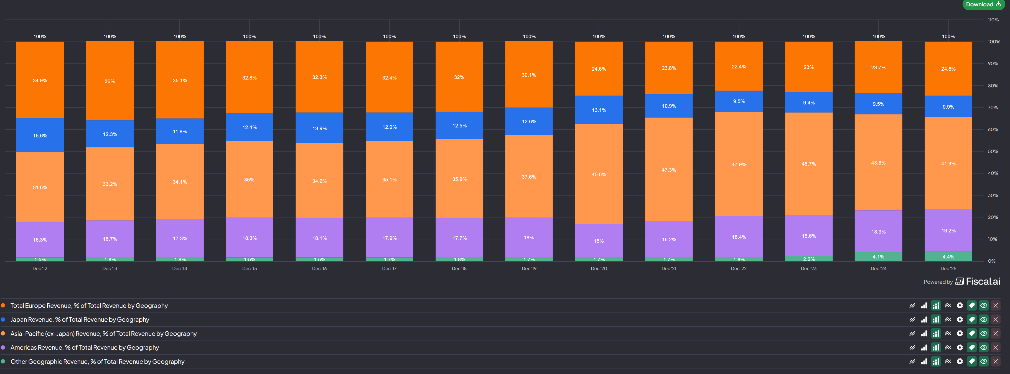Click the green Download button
point(983,5)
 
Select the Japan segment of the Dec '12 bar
point(40,135)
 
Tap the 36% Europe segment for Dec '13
point(110,81)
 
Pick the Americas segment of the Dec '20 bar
point(599,240)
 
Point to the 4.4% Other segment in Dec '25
point(948,257)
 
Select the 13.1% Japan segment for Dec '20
point(599,110)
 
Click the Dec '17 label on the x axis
point(389,268)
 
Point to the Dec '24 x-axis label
point(878,268)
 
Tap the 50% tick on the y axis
point(993,151)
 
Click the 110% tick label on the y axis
point(993,20)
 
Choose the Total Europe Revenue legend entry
point(89,306)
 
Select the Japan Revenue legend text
point(80,320)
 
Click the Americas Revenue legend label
point(85,347)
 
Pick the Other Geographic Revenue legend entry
point(97,362)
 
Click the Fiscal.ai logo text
point(983,281)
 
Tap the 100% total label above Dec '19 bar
point(529,36)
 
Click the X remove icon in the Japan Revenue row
point(996,320)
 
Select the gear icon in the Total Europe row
point(960,306)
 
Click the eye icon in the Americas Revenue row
point(983,347)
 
